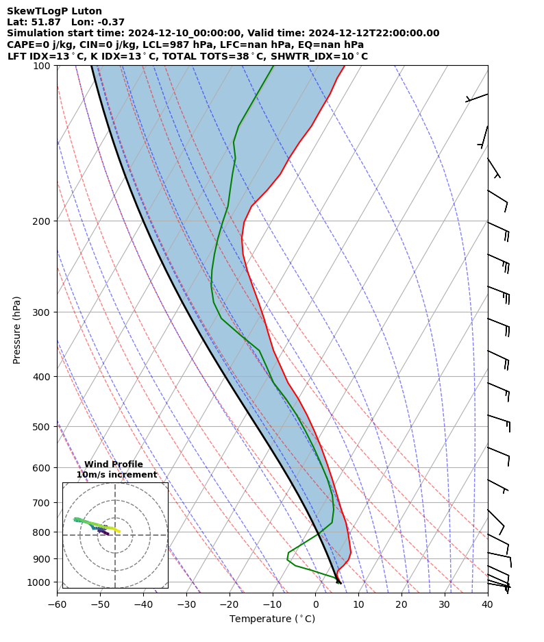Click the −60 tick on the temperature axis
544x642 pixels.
pyautogui.click(x=57, y=604)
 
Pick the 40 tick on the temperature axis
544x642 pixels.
pyautogui.click(x=487, y=604)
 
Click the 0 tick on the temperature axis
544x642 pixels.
pyautogui.click(x=315, y=604)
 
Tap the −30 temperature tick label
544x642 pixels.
pyautogui.click(x=186, y=604)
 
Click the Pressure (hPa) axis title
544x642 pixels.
pyautogui.click(x=16, y=330)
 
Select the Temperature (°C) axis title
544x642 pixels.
pyautogui.click(x=272, y=619)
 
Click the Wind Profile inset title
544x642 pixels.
pyautogui.click(x=114, y=465)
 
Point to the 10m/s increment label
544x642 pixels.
pyautogui.click(x=116, y=475)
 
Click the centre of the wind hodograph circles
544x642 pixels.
pyautogui.click(x=115, y=535)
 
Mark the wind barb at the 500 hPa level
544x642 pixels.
pyautogui.click(x=499, y=419)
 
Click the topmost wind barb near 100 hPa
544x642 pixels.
pyautogui.click(x=478, y=97)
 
